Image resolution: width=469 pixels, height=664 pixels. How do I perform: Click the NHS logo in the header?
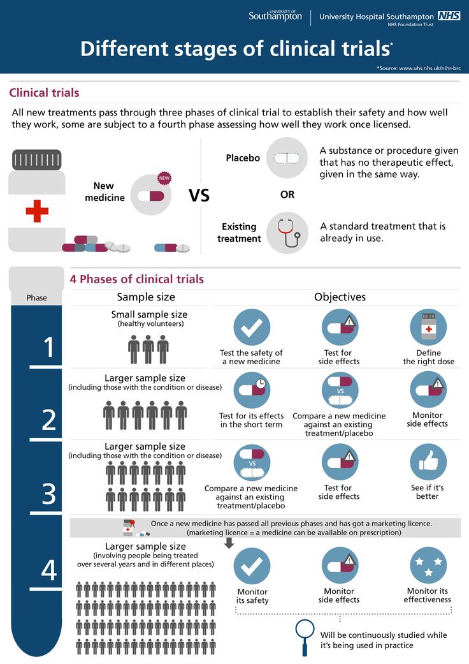point(449,16)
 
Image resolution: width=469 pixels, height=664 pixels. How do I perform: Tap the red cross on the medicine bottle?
point(37,210)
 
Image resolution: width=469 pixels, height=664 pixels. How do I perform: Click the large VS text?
point(199,195)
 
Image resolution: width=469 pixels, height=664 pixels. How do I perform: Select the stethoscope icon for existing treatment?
point(287,232)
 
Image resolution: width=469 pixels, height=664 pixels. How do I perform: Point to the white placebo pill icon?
point(287,158)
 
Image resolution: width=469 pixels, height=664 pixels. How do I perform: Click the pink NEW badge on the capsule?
point(164,178)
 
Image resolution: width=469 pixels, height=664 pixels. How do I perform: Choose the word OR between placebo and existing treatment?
point(287,195)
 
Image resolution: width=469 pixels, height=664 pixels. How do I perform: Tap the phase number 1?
point(49,348)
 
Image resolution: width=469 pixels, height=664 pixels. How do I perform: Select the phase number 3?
point(49,493)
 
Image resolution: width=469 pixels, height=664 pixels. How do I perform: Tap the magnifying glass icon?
point(306,635)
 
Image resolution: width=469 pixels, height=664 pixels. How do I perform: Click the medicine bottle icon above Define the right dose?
point(428,327)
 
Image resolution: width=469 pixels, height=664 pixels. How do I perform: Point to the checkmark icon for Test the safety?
point(252,327)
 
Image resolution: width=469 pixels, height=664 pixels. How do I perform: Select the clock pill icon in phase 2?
point(252,390)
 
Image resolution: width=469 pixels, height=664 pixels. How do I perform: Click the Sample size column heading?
point(146,297)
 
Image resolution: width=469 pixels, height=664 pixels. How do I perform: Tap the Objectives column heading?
point(340,297)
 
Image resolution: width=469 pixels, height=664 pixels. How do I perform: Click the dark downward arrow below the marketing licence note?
point(229,542)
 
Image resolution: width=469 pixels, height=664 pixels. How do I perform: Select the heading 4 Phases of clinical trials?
point(136,279)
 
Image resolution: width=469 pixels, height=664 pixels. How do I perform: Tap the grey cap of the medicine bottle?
point(37,159)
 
